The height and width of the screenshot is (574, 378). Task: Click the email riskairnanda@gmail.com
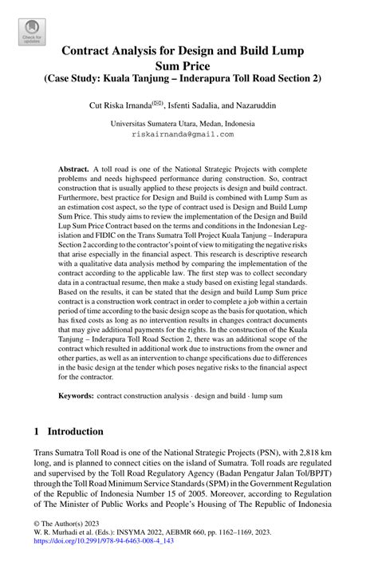click(183, 135)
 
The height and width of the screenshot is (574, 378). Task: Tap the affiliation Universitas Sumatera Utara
click(152, 124)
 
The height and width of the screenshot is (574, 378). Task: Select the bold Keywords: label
click(81, 395)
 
